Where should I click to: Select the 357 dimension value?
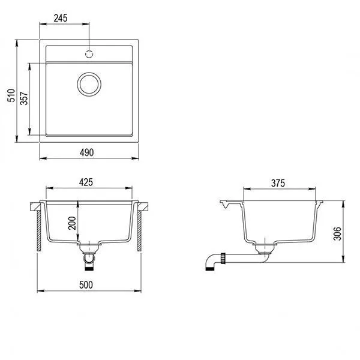[x=24, y=99]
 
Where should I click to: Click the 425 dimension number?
[x=89, y=183]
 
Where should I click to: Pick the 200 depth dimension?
[x=72, y=223]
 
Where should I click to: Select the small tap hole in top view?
[x=89, y=53]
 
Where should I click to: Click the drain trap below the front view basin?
[x=89, y=257]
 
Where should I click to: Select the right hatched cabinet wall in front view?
[x=139, y=230]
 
